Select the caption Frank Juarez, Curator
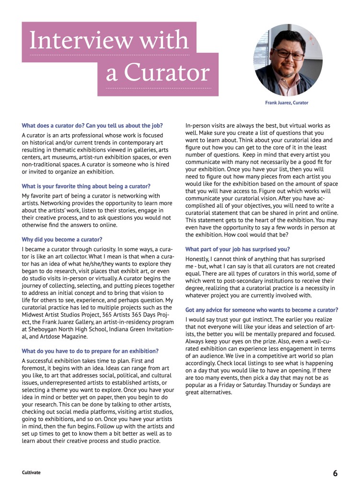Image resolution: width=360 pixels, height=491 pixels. pyautogui.click(x=287, y=103)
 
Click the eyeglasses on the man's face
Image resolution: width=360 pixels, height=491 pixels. pyautogui.click(x=288, y=54)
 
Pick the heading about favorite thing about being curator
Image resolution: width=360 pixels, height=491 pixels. pyautogui.click(x=86, y=186)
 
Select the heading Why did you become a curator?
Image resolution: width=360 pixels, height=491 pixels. pyautogui.click(x=62, y=239)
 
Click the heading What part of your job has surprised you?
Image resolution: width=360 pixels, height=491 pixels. pyautogui.click(x=237, y=249)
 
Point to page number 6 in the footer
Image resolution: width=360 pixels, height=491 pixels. pyautogui.click(x=335, y=473)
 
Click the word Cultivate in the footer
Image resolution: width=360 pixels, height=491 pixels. pyautogui.click(x=31, y=472)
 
